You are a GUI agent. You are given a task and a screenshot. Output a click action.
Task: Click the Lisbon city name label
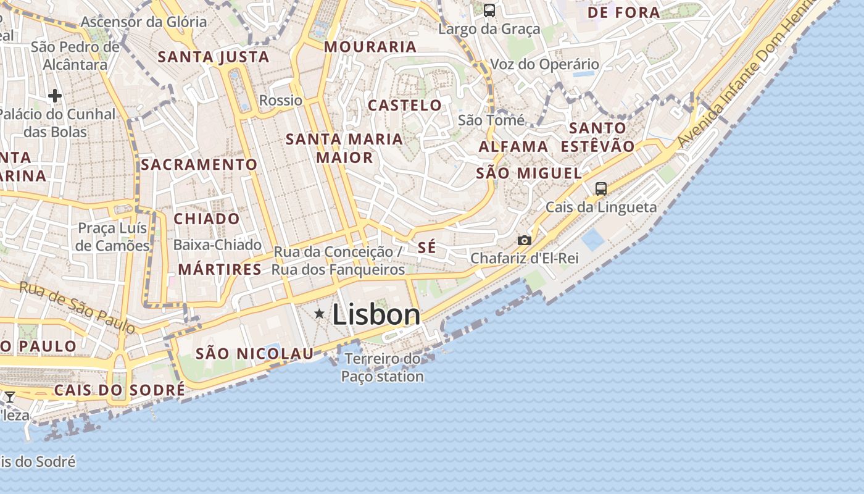pos(376,315)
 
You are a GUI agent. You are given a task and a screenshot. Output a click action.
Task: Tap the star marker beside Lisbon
pos(319,314)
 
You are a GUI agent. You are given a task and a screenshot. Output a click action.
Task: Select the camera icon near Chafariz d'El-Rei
pos(525,240)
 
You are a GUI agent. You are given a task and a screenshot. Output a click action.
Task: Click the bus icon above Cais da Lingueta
pos(601,189)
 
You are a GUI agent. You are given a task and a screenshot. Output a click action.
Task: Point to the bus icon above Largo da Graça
pos(489,10)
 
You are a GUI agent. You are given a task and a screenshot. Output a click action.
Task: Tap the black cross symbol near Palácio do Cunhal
pos(55,96)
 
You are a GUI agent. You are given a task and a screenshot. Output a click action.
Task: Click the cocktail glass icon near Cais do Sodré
pos(10,397)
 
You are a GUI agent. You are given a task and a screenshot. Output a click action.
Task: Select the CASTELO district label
pos(405,106)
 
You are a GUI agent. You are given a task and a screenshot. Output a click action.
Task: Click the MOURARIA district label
pos(370,47)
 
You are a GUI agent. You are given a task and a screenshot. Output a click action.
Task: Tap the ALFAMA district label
pos(513,147)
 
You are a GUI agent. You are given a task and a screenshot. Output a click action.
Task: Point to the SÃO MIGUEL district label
pos(529,174)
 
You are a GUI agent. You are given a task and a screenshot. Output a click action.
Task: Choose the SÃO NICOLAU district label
pos(255,354)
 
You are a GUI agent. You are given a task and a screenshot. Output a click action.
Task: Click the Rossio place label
pos(281,101)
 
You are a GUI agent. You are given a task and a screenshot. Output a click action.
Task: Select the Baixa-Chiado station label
pos(217,245)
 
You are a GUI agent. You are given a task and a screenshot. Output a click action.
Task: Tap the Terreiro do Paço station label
pos(383,367)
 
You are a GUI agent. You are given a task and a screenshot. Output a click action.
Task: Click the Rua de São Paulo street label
pos(77,307)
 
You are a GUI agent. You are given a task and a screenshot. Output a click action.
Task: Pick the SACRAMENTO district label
pos(199,165)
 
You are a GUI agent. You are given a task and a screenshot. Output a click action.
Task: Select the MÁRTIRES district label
pos(220,270)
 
